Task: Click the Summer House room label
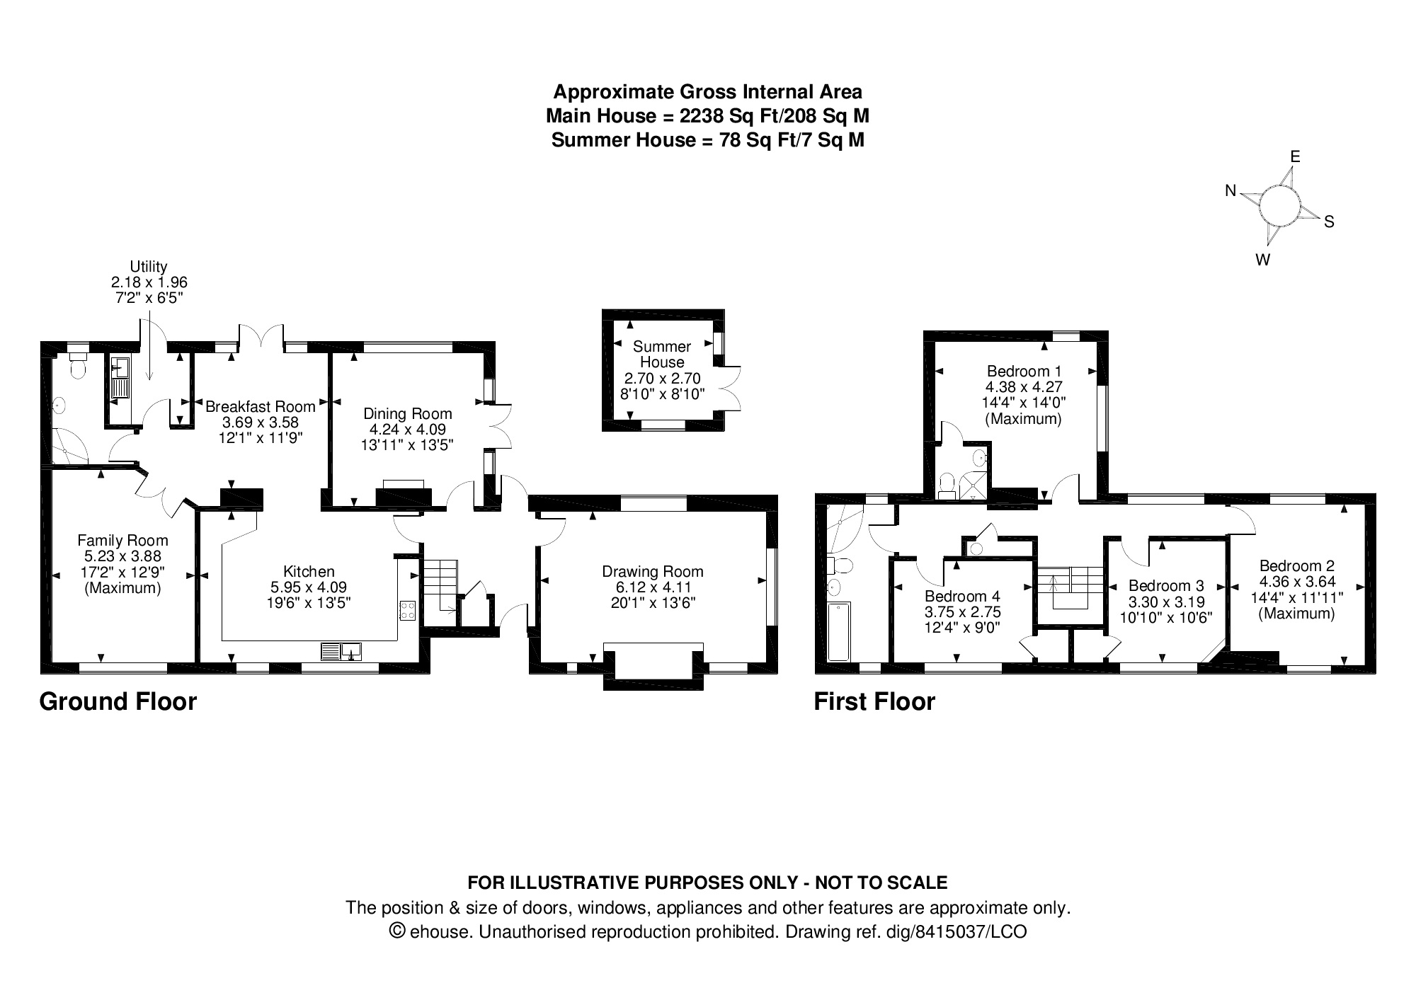[x=662, y=354]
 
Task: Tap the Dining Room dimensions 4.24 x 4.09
[x=407, y=430]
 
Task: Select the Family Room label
[x=122, y=541]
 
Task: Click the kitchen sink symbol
[x=342, y=651]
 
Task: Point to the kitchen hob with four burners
[x=408, y=610]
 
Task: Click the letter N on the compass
[x=1231, y=190]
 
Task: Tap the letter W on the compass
[x=1262, y=260]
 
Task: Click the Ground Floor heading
[x=118, y=701]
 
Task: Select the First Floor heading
[x=874, y=701]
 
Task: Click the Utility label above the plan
[x=149, y=267]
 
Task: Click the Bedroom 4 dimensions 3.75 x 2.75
[x=962, y=612]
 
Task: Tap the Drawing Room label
[x=653, y=572]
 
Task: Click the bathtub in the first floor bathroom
[x=838, y=632]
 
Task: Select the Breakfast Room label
[x=260, y=406]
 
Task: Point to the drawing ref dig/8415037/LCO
[x=956, y=931]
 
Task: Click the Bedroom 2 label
[x=1296, y=565]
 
